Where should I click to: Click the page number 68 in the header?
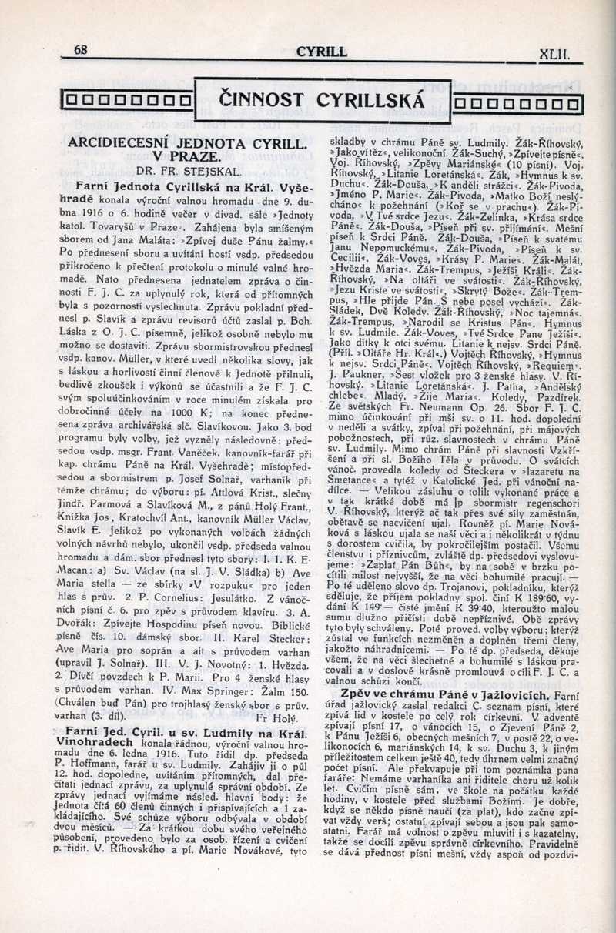(80, 51)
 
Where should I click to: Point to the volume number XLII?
(554, 55)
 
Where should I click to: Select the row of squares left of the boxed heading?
(127, 100)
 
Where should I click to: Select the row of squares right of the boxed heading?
(518, 102)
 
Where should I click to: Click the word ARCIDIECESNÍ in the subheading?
(130, 143)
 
